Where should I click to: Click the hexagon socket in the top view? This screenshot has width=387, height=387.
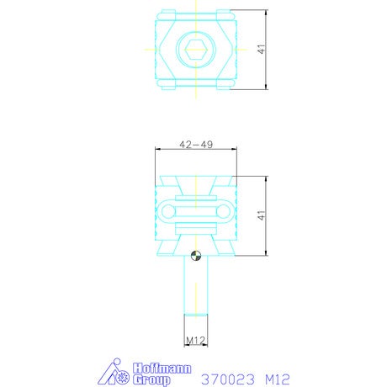point(196,50)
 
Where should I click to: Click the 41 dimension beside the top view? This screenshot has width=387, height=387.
point(261,50)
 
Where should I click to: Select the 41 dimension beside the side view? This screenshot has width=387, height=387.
point(261,215)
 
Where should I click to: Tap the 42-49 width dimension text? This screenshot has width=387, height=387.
point(196,145)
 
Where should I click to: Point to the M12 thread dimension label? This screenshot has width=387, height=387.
point(196,341)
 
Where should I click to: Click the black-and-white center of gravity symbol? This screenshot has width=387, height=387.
point(196,256)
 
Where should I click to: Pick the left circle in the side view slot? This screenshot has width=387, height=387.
point(168,211)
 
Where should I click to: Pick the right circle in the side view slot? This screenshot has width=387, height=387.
point(223,211)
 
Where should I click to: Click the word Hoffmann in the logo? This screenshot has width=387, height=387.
point(162,368)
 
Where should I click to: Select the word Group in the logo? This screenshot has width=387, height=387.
point(151,380)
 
